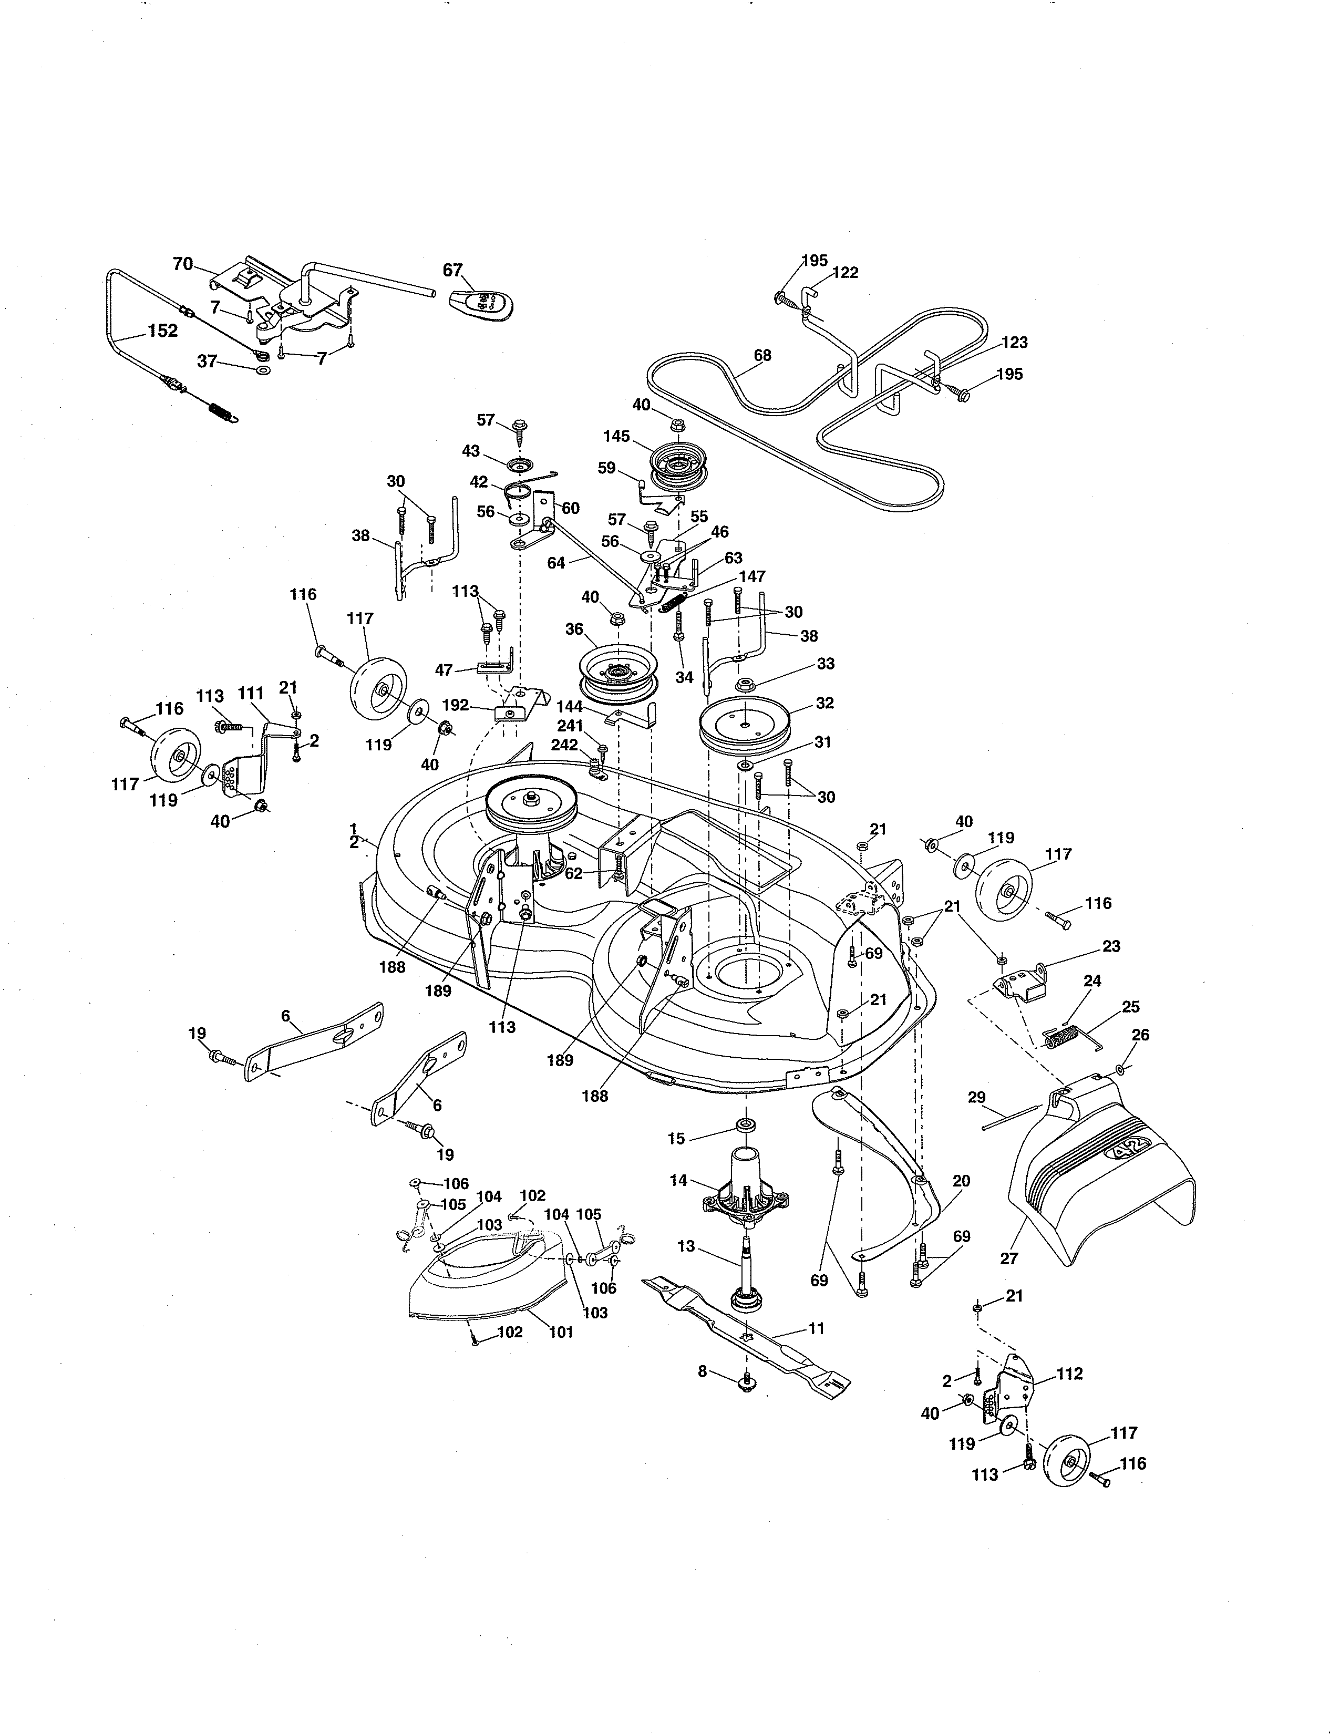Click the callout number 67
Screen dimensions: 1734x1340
pyautogui.click(x=452, y=270)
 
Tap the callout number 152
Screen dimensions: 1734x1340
pyautogui.click(x=163, y=331)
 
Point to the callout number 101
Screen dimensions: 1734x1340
pyautogui.click(x=561, y=1332)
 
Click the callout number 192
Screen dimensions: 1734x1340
pyautogui.click(x=477, y=704)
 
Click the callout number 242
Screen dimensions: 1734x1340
pyautogui.click(x=564, y=745)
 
